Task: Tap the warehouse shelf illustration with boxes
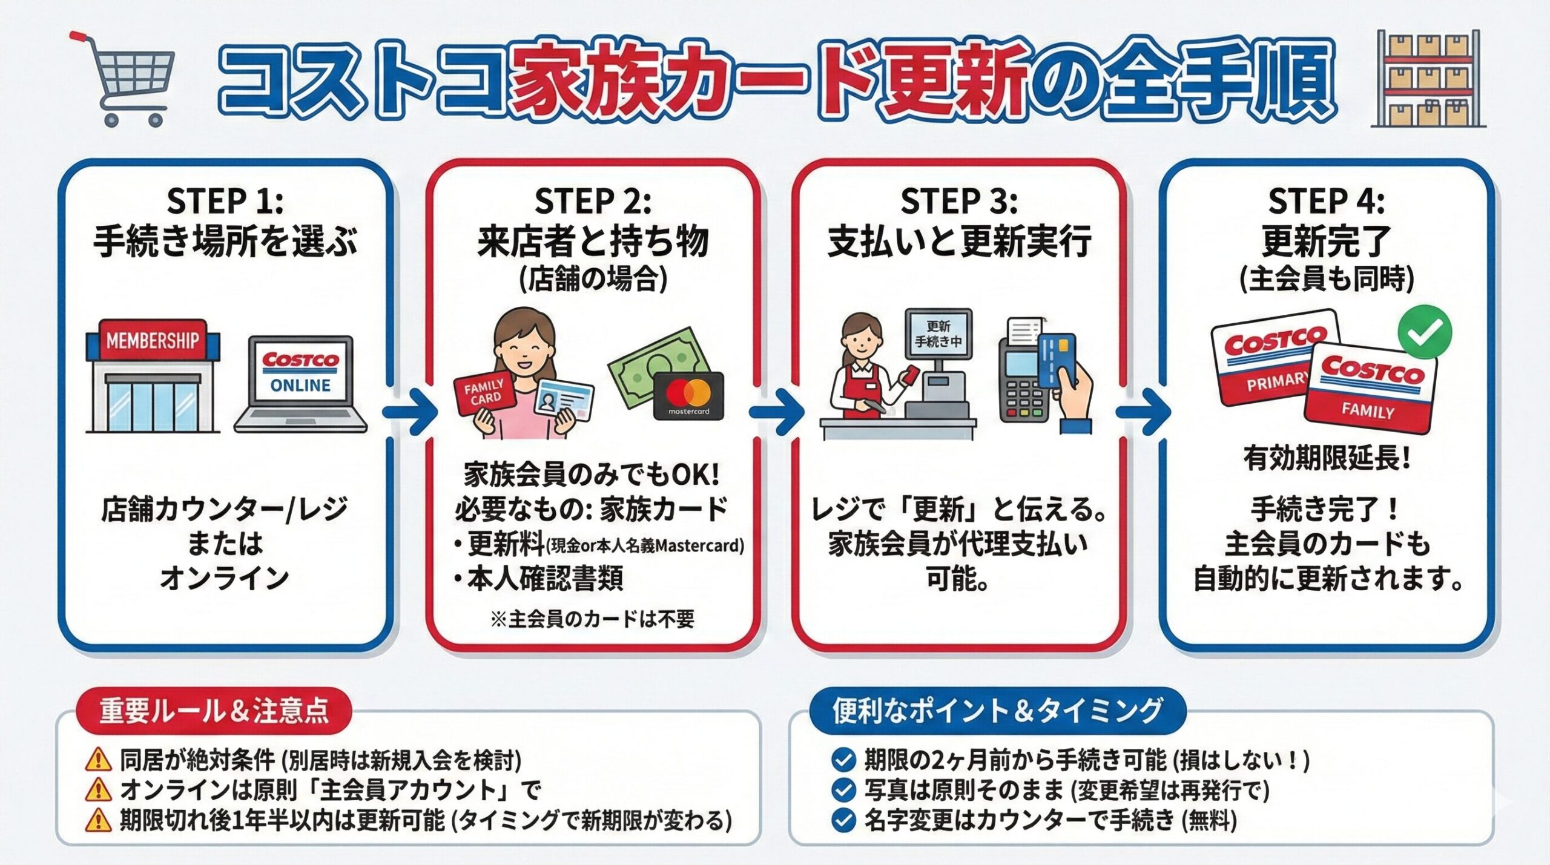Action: click(1427, 79)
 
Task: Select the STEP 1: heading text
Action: click(225, 201)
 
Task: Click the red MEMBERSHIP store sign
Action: click(153, 341)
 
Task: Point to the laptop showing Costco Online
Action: click(300, 384)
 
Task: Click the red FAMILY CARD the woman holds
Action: click(484, 392)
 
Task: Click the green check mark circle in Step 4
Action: click(1424, 332)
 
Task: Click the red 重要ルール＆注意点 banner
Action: click(214, 711)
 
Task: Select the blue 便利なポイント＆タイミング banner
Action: click(997, 711)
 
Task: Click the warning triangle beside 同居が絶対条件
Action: click(99, 759)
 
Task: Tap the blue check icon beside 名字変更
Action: click(843, 821)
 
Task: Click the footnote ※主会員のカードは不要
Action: click(592, 619)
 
